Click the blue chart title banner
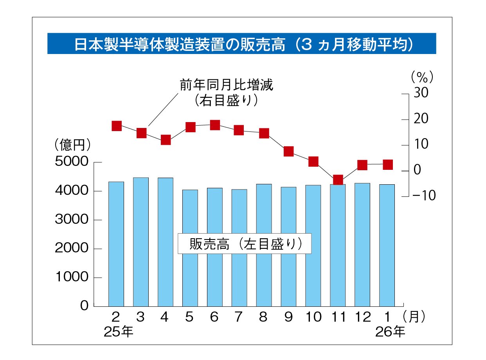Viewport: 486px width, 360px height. pyautogui.click(x=241, y=43)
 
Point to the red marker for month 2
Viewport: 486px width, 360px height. pyautogui.click(x=117, y=126)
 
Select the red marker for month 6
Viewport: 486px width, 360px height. pyautogui.click(x=215, y=125)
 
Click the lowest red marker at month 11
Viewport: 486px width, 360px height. pyautogui.click(x=338, y=180)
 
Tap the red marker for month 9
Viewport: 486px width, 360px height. pyautogui.click(x=289, y=151)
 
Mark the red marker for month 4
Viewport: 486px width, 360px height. pyautogui.click(x=166, y=140)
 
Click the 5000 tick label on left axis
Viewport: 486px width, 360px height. pyautogui.click(x=72, y=162)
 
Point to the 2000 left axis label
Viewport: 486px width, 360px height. pyautogui.click(x=72, y=248)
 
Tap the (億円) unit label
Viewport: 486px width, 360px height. pyautogui.click(x=73, y=145)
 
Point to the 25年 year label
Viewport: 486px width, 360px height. pyautogui.click(x=119, y=332)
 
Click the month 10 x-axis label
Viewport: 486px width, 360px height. pyautogui.click(x=313, y=317)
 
